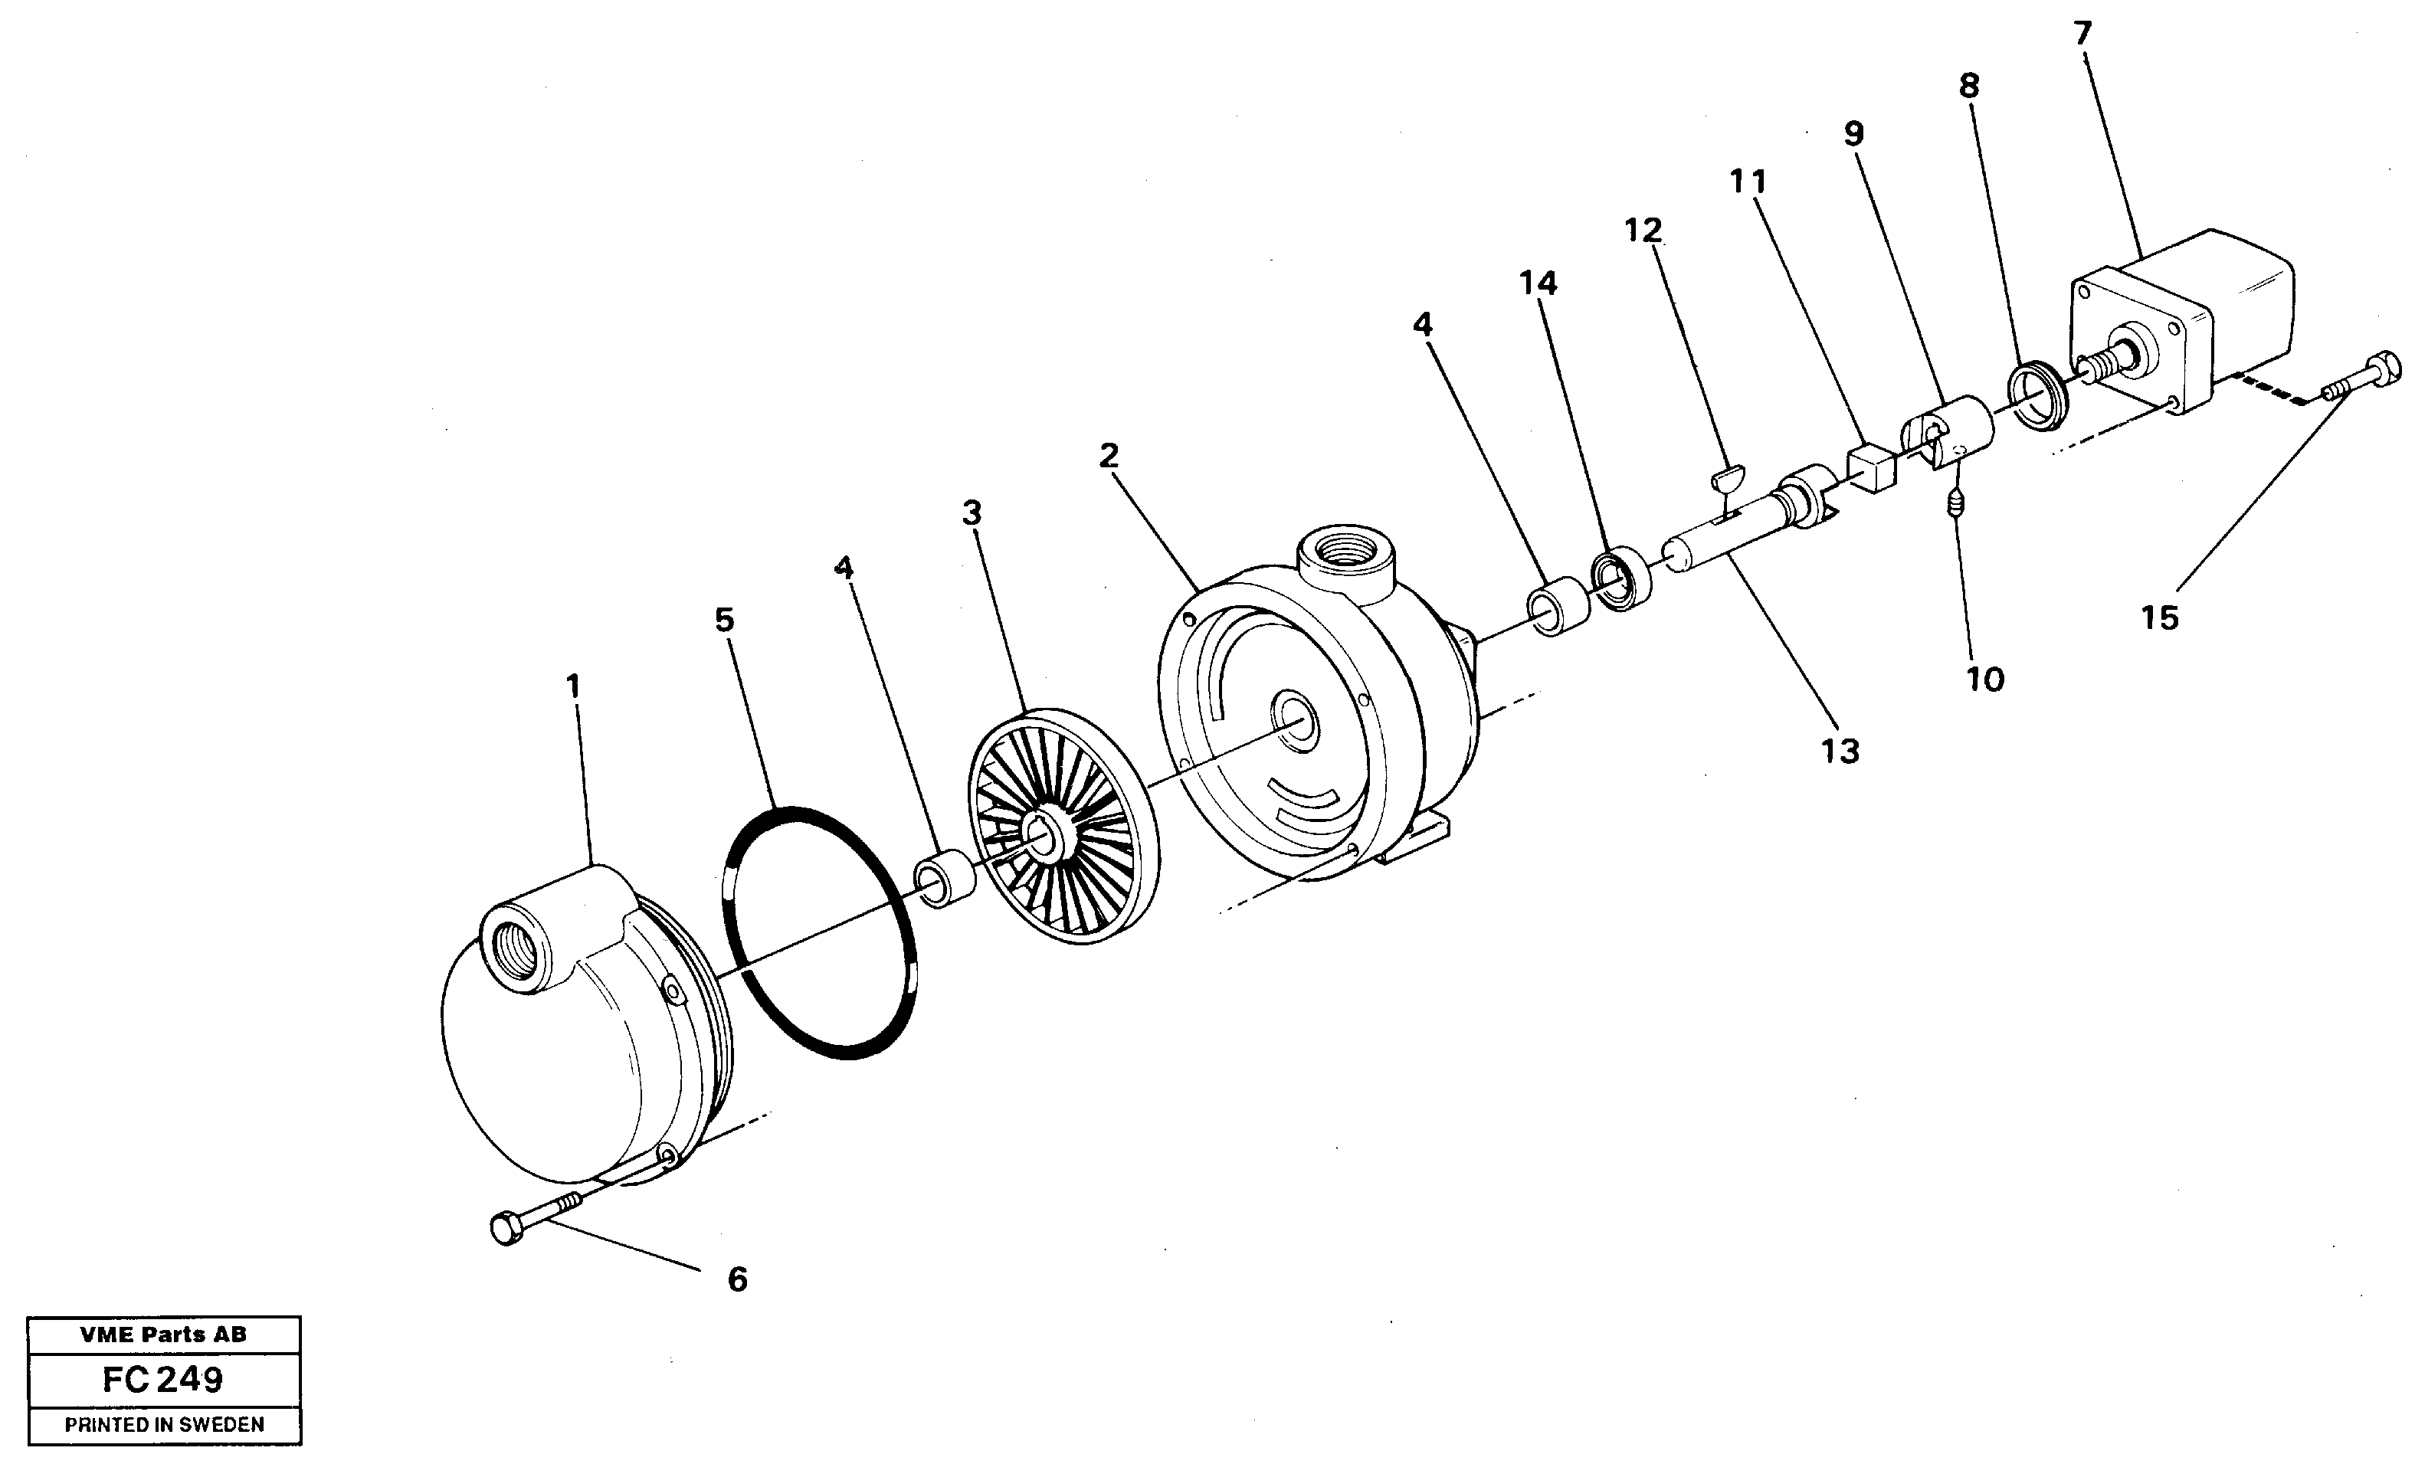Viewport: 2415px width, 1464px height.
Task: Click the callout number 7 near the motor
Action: [x=2082, y=34]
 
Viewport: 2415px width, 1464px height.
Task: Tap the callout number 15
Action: [x=2159, y=617]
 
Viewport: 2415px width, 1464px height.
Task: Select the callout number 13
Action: [x=1840, y=751]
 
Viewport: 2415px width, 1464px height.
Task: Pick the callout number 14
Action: [x=1538, y=283]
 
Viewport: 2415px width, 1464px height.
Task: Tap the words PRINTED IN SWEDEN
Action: [x=165, y=1425]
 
